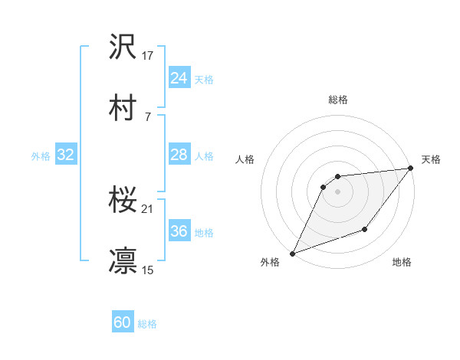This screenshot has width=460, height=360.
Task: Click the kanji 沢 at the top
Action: (x=123, y=47)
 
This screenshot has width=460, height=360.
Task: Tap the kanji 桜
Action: (x=123, y=201)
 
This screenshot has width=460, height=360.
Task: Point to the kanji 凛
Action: (x=123, y=260)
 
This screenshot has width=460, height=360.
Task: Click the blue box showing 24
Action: (x=179, y=78)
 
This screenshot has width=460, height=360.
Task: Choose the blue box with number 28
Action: (x=179, y=155)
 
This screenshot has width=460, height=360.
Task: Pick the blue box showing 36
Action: (x=179, y=231)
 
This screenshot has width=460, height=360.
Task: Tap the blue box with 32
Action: (x=65, y=155)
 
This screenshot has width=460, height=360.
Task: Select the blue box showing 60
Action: (x=123, y=322)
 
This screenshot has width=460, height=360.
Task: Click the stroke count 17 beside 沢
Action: (x=148, y=55)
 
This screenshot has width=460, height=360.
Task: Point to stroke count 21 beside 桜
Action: (x=148, y=208)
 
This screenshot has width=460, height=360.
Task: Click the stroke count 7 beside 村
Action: (x=147, y=116)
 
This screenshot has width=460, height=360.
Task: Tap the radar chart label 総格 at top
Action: (x=338, y=100)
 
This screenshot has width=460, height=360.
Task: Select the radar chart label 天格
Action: (x=431, y=159)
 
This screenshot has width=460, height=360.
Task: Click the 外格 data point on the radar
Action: (x=292, y=253)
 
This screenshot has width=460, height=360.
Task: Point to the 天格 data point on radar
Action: (x=412, y=169)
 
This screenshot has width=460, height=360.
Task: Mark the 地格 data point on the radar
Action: (x=366, y=229)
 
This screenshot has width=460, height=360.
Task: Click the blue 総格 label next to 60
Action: (x=147, y=324)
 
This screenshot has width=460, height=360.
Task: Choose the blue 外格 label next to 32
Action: (x=41, y=156)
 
